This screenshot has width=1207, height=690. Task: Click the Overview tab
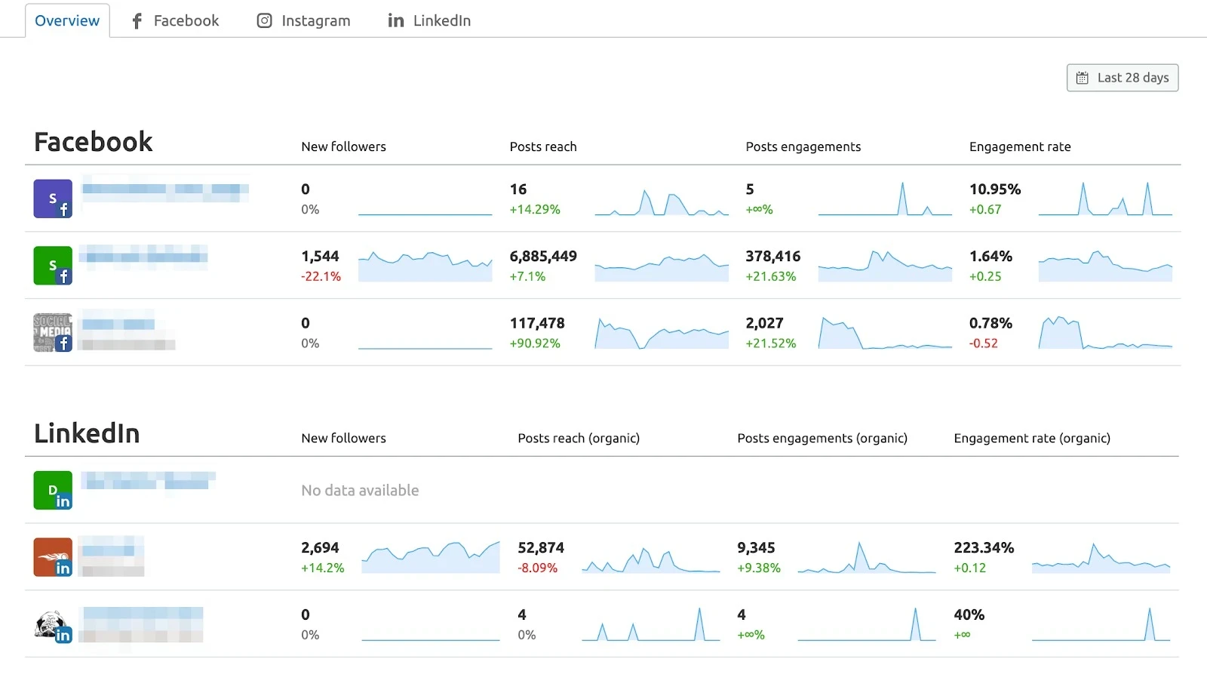point(67,21)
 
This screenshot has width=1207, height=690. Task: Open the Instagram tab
point(304,21)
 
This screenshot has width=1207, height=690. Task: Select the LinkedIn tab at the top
point(429,21)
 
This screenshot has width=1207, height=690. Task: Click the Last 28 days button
point(1123,78)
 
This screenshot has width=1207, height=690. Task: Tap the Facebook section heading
point(94,142)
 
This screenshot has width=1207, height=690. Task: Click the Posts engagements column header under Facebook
point(803,146)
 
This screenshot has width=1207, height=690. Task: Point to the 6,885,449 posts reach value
point(543,257)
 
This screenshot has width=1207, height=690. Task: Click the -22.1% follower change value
point(321,276)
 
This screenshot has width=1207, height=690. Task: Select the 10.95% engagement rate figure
point(994,189)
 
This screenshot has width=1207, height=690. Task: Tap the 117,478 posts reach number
point(537,323)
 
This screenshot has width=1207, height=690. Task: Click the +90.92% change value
point(535,343)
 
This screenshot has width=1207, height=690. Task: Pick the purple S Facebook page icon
point(53,199)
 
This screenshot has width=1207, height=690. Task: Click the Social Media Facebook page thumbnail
point(53,332)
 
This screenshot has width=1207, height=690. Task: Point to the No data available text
point(360,491)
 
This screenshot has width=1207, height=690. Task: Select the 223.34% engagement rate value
point(984,548)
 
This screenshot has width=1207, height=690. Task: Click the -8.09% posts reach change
point(537,568)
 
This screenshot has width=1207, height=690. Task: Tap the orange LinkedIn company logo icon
point(53,557)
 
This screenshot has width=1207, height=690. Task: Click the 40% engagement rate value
point(969,615)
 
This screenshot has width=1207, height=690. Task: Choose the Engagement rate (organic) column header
point(1031,438)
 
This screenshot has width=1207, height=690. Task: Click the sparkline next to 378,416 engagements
point(884,266)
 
